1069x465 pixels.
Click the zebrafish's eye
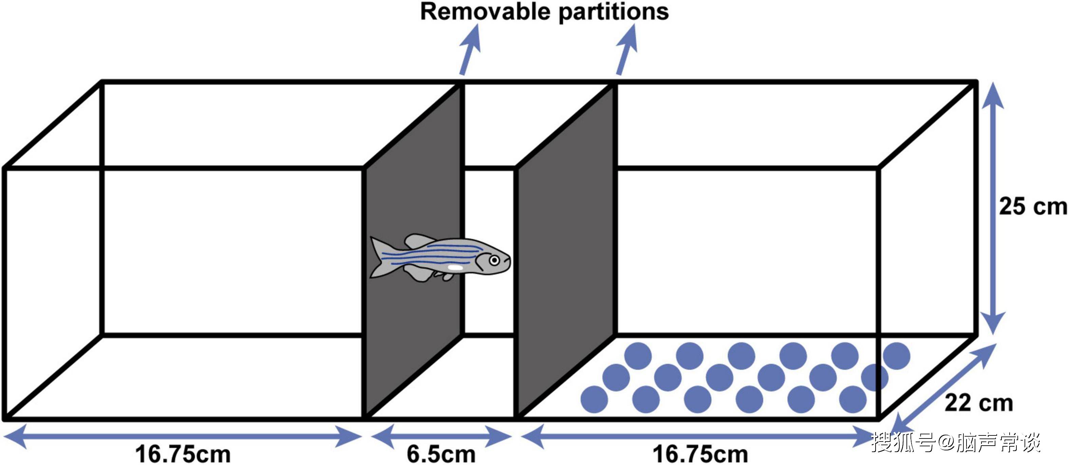tap(494, 260)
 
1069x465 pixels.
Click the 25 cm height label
tap(1032, 206)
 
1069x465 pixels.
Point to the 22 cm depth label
tap(978, 403)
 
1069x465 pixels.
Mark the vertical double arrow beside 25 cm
tap(993, 208)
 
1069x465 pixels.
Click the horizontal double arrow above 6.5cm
tap(441, 436)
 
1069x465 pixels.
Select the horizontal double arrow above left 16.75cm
tap(183, 436)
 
